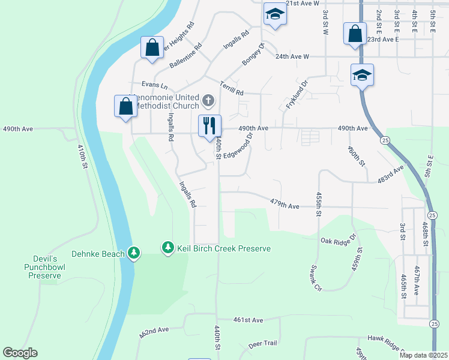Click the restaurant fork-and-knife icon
(209, 125)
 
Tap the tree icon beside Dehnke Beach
(134, 254)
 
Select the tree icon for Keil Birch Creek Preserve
(168, 247)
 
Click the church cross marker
(208, 100)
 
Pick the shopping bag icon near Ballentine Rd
(152, 47)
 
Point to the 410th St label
(83, 157)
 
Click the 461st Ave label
(249, 320)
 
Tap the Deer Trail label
(262, 344)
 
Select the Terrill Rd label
(231, 88)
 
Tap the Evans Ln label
(155, 86)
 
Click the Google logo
(20, 353)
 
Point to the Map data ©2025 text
(423, 355)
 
